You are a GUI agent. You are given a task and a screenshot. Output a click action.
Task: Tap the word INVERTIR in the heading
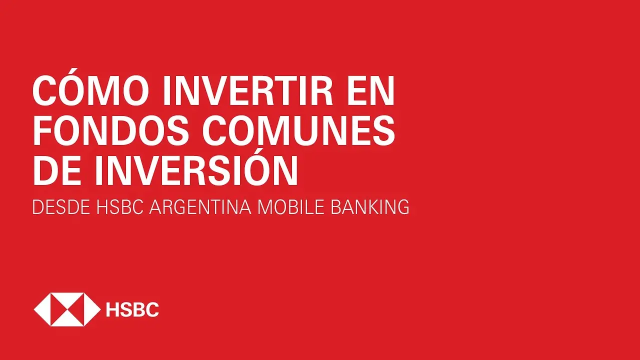pos(247,91)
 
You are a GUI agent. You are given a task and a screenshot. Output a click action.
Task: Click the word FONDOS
pos(111,131)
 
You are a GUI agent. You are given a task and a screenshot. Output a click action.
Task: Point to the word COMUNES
pos(298,131)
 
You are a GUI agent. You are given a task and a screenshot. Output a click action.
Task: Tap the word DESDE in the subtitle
pos(61,207)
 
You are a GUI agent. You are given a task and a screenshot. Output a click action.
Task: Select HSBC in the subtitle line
pos(119,207)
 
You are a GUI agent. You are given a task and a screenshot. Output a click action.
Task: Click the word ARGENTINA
pos(200,207)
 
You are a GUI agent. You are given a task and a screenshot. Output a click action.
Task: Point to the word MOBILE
pos(291,207)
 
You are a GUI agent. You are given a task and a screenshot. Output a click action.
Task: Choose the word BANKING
pos(370,207)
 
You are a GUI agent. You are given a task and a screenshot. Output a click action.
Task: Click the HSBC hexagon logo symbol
pos(67,309)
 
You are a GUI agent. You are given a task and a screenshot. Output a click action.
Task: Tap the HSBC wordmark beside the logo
pos(132,309)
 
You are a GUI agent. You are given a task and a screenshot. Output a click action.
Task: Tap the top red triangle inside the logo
pos(67,299)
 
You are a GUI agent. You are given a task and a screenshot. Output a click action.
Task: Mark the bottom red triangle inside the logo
pos(67,319)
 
